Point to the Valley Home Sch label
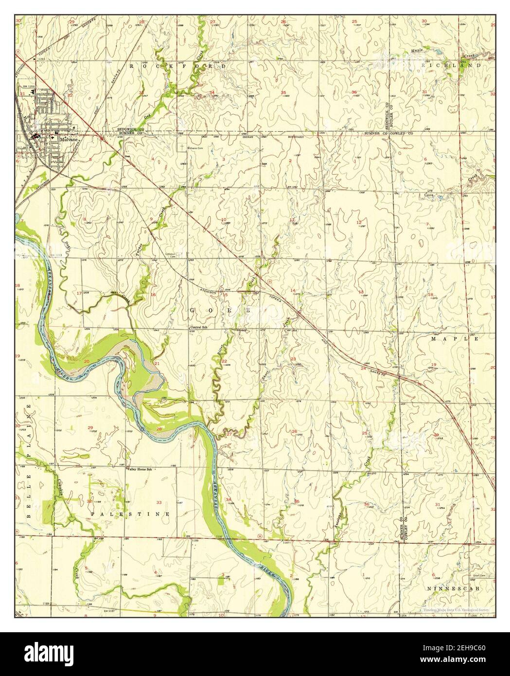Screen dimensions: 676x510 [140, 469]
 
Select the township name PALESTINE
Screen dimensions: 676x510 [130, 514]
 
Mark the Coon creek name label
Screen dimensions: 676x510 [428, 195]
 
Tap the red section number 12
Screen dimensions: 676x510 [359, 222]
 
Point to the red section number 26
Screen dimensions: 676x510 [294, 431]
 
